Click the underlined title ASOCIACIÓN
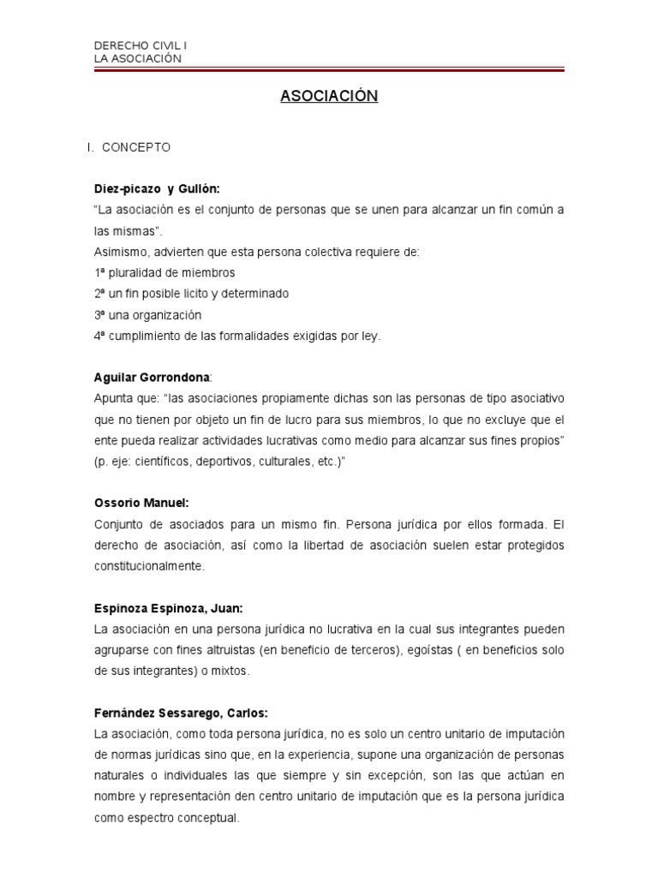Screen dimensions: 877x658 point(329,97)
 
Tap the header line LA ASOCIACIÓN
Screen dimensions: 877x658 point(138,58)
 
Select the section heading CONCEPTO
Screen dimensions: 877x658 point(136,147)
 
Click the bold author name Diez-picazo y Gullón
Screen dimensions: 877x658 point(163,188)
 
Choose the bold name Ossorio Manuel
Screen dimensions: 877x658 point(140,504)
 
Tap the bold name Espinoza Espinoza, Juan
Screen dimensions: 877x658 point(169,608)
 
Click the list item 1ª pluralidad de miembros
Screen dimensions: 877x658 point(164,272)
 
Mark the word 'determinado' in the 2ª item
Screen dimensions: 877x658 point(256,294)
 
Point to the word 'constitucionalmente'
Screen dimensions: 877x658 point(150,566)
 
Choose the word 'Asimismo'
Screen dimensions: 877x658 point(119,252)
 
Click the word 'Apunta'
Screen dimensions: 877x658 point(114,398)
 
